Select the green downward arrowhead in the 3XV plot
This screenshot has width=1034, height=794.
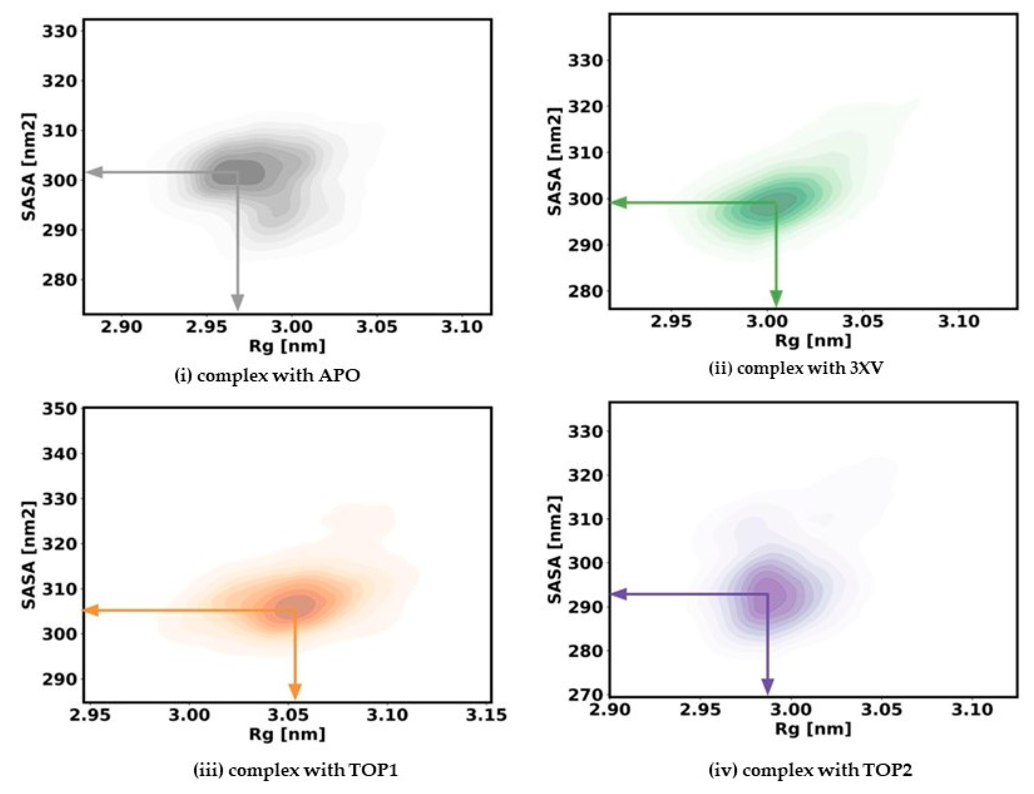pos(776,298)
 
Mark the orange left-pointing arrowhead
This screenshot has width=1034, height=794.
pos(91,610)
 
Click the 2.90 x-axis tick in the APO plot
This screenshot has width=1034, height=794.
pos(121,327)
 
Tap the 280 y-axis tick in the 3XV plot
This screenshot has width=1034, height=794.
pos(585,291)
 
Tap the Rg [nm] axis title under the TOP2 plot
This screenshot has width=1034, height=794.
pos(812,728)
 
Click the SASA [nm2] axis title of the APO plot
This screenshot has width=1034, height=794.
pos(29,166)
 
